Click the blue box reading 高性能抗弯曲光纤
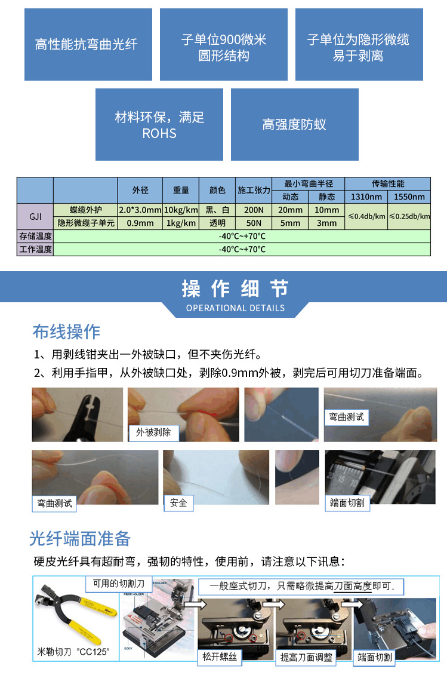click(x=87, y=45)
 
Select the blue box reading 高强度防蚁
click(x=294, y=124)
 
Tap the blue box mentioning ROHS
click(x=159, y=124)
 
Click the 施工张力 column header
click(x=254, y=190)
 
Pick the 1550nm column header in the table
click(x=409, y=197)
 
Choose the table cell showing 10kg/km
click(x=181, y=210)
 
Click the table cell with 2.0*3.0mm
click(x=140, y=210)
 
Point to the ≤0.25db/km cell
click(x=409, y=216)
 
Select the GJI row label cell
click(x=35, y=216)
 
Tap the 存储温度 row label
click(x=35, y=237)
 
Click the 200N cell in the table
click(x=254, y=210)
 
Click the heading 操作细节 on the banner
click(x=235, y=289)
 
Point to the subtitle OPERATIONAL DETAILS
click(x=235, y=308)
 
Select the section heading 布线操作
click(x=66, y=332)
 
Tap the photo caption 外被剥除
click(x=153, y=432)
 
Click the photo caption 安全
click(x=178, y=502)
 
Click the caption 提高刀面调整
click(x=307, y=657)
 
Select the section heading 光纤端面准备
click(x=80, y=539)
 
